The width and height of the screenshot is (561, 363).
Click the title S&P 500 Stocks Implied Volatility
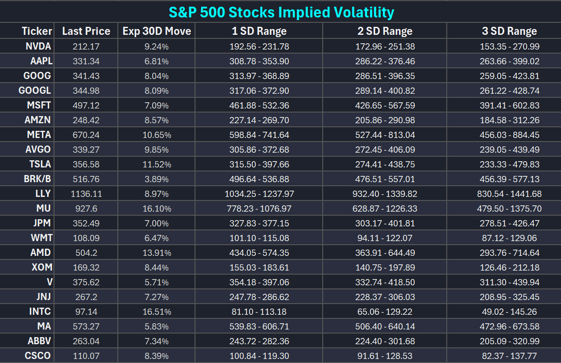coord(282,12)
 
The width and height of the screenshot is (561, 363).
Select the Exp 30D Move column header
coord(157,31)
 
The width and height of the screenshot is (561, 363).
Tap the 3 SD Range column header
coord(509,31)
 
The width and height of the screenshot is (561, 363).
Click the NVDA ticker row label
coord(38,46)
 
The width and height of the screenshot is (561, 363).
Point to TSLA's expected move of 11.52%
coord(157,164)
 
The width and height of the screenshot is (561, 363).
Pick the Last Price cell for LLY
coord(86,194)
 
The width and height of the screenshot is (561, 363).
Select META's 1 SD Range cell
coord(259,135)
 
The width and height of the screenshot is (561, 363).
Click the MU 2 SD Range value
coord(385,209)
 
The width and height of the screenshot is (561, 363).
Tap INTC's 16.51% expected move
coord(157,312)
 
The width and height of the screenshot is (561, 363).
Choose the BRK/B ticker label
coord(37,179)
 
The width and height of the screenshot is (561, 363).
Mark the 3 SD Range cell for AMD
coord(509,253)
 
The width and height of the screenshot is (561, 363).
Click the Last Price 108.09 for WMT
coord(86,238)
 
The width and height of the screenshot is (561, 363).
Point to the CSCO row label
coord(37,356)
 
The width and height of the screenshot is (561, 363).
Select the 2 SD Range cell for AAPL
coord(385,61)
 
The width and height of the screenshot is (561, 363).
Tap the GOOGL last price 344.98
coord(86,91)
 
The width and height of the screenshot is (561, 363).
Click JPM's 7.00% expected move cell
coord(157,223)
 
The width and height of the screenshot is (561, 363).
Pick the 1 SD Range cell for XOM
coord(259,267)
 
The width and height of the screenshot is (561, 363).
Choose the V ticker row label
coord(50,282)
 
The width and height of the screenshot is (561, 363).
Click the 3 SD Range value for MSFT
coord(509,105)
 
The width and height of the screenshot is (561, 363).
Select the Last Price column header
coord(86,31)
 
